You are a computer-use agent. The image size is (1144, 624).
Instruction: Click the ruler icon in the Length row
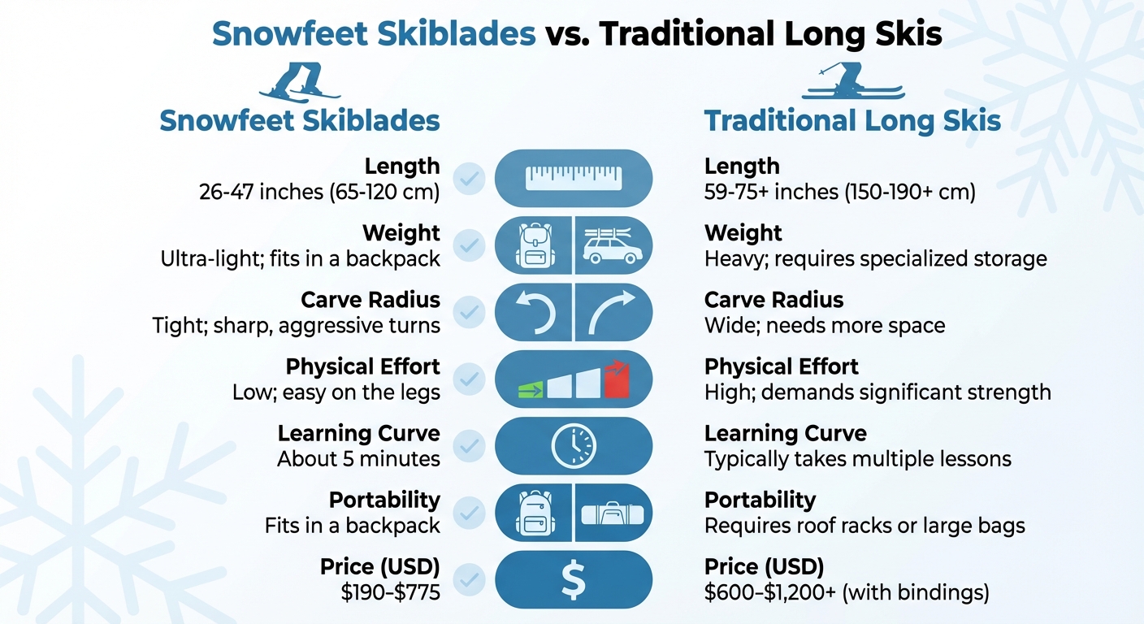click(573, 178)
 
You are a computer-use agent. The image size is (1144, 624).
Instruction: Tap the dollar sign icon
click(573, 579)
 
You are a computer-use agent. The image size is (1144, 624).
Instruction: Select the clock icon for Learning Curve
click(573, 445)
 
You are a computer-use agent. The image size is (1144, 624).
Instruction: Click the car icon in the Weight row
click(613, 245)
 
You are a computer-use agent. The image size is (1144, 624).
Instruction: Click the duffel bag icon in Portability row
click(613, 514)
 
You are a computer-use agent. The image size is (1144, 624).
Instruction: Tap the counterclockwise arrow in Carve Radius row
click(535, 313)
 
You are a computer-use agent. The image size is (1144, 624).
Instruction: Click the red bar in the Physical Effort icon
click(617, 379)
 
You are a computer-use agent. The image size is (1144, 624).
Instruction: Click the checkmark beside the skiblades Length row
click(469, 178)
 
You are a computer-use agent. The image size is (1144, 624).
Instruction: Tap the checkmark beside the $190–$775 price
click(469, 579)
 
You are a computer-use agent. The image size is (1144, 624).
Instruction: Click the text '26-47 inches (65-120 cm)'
click(319, 193)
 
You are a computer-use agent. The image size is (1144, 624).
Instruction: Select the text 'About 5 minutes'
click(358, 459)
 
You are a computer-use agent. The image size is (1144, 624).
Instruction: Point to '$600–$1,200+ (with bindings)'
click(847, 593)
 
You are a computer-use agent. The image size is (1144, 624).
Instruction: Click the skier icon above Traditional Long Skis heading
click(852, 82)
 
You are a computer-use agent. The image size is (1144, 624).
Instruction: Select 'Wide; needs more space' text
click(825, 326)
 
